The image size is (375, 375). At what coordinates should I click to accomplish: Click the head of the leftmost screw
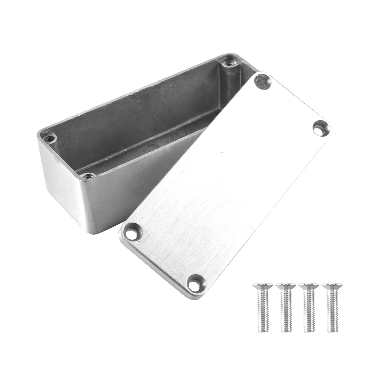[x=262, y=286]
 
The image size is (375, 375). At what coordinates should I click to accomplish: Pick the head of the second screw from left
[x=286, y=286]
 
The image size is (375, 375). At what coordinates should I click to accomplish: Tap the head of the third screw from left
[x=309, y=286]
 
